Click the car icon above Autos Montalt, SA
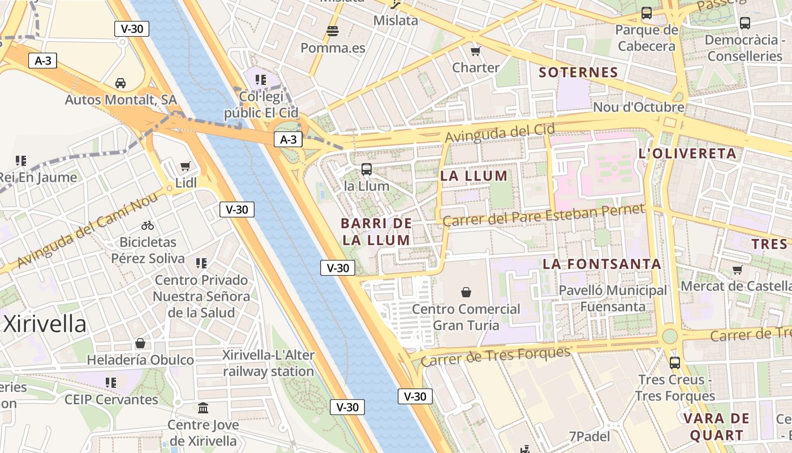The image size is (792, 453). tap(120, 83)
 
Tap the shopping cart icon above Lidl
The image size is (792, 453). tap(185, 166)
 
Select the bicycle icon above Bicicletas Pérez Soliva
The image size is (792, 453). tap(148, 225)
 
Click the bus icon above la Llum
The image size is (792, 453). tap(367, 169)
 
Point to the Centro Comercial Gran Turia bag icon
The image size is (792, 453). tap(466, 292)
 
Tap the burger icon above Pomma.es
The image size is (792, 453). tap(333, 31)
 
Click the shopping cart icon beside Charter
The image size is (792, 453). tap(475, 51)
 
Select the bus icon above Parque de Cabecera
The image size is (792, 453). tap(647, 13)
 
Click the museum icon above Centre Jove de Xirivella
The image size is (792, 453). tap(203, 408)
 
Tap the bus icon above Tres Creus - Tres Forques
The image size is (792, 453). tap(674, 362)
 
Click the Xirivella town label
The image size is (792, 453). tap(45, 324)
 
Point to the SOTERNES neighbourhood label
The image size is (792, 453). tap(578, 72)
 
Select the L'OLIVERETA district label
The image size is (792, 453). tap(687, 153)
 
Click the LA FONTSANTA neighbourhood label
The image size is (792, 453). tap(602, 264)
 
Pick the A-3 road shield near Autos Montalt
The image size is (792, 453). tap(43, 61)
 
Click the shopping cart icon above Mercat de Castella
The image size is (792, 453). tap(737, 270)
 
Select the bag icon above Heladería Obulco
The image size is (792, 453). tap(140, 343)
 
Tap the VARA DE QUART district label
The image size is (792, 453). tap(716, 427)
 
